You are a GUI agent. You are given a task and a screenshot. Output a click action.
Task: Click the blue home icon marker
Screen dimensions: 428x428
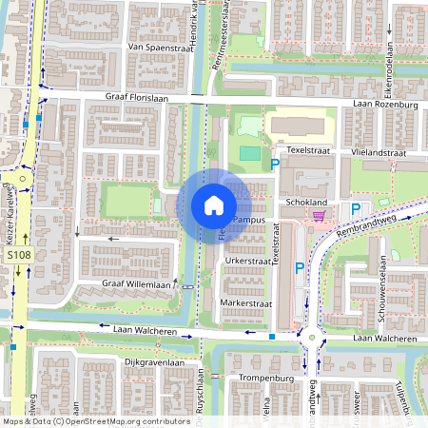pyautogui.click(x=214, y=204)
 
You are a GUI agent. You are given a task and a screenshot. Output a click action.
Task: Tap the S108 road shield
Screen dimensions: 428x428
pyautogui.click(x=18, y=256)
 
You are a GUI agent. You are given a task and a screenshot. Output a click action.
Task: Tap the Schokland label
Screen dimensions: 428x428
pyautogui.click(x=305, y=203)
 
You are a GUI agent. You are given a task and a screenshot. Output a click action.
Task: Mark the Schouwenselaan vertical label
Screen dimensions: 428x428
pyautogui.click(x=378, y=290)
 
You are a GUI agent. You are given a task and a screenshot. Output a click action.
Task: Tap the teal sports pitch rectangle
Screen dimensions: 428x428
pyautogui.click(x=249, y=152)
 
